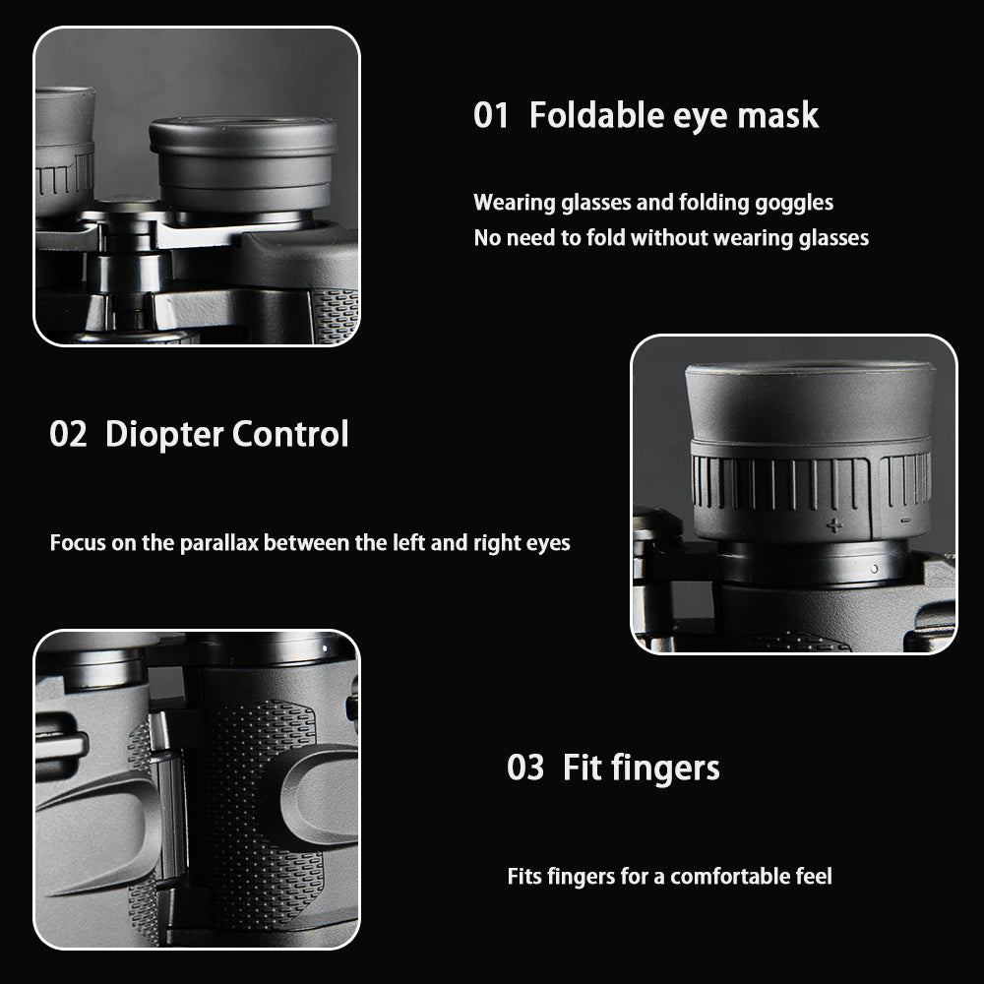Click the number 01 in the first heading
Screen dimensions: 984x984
[x=491, y=115]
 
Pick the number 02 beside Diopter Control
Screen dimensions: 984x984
[x=68, y=434]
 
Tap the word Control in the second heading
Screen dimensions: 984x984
[x=290, y=434]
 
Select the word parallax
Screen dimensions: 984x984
[x=219, y=543]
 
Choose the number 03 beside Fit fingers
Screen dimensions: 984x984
[x=525, y=768]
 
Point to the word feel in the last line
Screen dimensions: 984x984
[x=814, y=876]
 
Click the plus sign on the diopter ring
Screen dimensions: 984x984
[x=834, y=525]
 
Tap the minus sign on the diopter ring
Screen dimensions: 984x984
[x=905, y=520]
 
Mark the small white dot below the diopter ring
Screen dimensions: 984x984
[x=874, y=569]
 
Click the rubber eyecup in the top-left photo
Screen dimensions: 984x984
[x=243, y=163]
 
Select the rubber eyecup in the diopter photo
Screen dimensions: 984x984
[x=810, y=400]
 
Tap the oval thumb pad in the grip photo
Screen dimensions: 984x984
[x=318, y=795]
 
